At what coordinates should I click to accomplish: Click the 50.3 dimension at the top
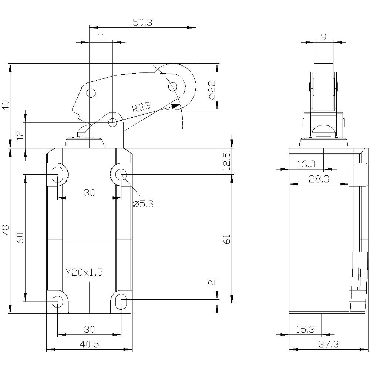coord(142,22)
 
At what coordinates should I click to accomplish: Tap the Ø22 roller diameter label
coord(212,90)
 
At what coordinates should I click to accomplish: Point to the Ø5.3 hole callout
coord(142,203)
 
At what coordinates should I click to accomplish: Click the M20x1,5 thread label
coord(84,273)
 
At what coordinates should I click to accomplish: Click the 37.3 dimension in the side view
coord(328,344)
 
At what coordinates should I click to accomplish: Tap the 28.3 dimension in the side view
coord(314,179)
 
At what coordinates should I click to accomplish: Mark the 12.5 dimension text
coord(227,161)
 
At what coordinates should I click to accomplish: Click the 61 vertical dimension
coord(227,239)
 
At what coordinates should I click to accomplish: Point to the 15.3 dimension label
coord(305,329)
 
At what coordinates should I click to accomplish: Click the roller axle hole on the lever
coord(173,87)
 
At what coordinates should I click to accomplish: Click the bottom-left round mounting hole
coord(57,302)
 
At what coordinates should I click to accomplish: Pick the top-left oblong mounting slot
coord(57,174)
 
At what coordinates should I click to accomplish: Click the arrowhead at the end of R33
coord(174,106)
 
